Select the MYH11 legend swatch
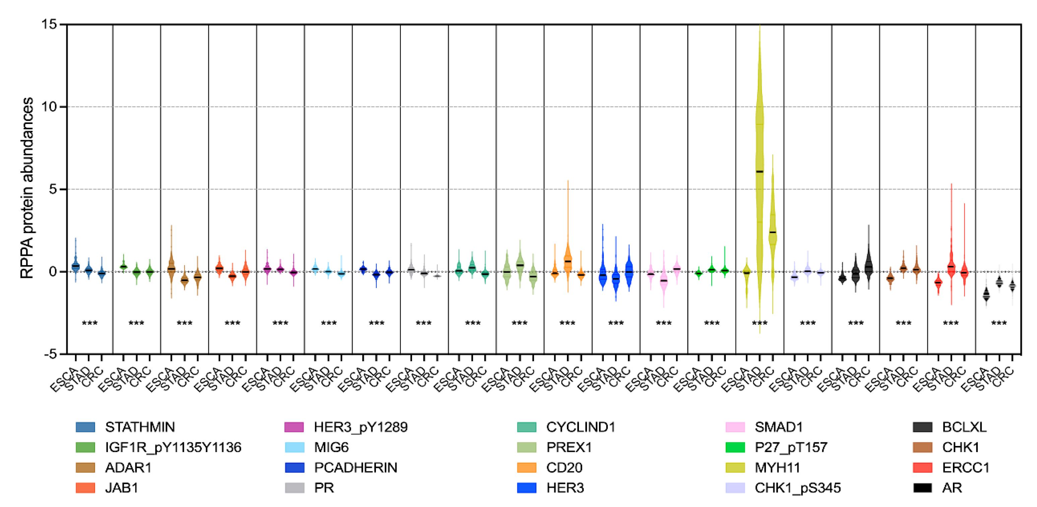pyautogui.click(x=735, y=467)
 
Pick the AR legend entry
pyautogui.click(x=952, y=488)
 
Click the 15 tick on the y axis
pyautogui.click(x=49, y=24)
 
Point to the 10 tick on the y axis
pyautogui.click(x=49, y=107)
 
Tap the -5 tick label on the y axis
pyautogui.click(x=50, y=354)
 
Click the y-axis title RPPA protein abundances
pyautogui.click(x=26, y=188)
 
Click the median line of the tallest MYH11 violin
pyautogui.click(x=760, y=172)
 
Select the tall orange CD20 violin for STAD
pyautogui.click(x=568, y=258)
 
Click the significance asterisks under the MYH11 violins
pyautogui.click(x=760, y=323)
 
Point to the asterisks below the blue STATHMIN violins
pyautogui.click(x=89, y=323)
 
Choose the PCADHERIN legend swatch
pyautogui.click(x=294, y=467)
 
